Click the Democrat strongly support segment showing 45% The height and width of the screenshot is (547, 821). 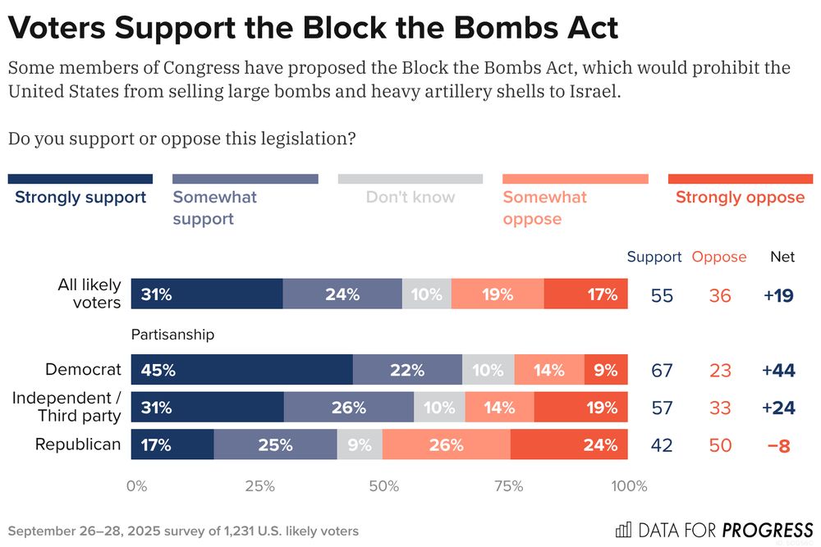[242, 370]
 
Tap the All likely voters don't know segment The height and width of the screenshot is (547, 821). [427, 294]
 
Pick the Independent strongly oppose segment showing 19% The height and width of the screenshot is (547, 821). [580, 408]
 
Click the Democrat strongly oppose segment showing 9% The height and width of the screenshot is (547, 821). [606, 370]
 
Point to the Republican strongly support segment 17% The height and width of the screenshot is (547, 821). [172, 445]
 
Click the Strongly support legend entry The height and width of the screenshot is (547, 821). [80, 197]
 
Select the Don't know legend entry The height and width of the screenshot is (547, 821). [410, 197]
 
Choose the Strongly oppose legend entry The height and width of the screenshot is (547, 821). [740, 197]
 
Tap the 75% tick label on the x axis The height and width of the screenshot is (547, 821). [509, 485]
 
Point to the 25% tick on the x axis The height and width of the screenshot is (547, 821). [259, 485]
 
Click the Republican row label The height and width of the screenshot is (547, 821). [78, 444]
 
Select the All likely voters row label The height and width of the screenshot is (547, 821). [89, 294]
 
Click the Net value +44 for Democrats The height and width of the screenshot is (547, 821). [777, 370]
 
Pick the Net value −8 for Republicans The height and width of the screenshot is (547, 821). [779, 445]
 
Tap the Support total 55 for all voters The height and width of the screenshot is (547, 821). [662, 295]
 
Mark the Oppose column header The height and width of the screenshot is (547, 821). [719, 257]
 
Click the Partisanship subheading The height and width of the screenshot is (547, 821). [173, 335]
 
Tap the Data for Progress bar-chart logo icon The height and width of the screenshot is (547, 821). [625, 528]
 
